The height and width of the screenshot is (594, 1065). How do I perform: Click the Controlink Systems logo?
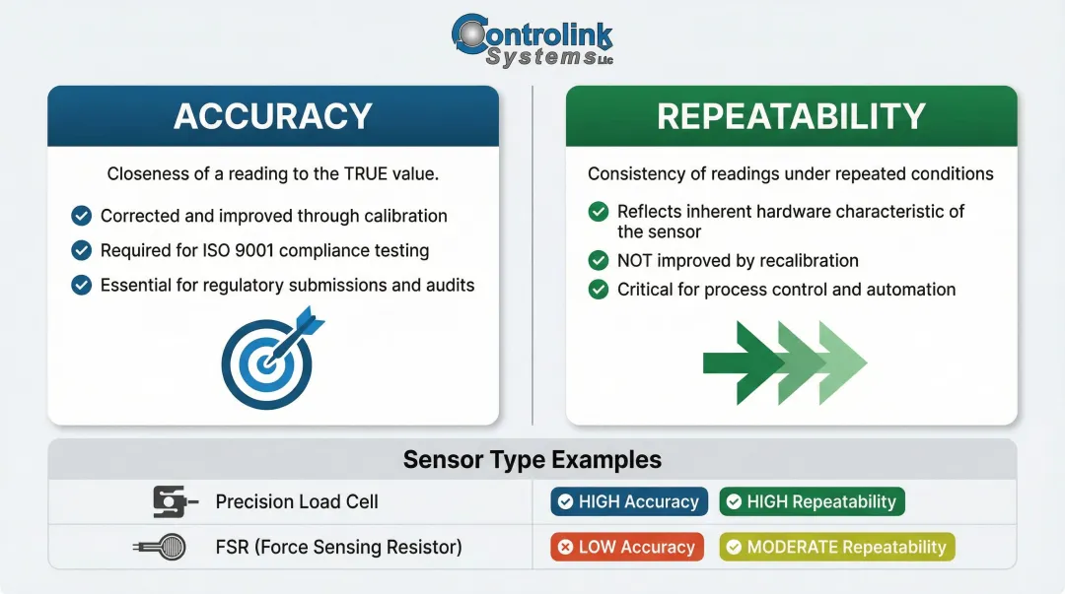tap(532, 40)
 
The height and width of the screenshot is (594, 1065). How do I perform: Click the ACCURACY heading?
tap(273, 116)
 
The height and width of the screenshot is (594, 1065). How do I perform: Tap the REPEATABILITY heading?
tap(791, 116)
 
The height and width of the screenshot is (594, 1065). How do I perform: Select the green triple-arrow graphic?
tap(784, 363)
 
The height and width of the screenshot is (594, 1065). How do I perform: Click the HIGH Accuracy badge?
tap(629, 501)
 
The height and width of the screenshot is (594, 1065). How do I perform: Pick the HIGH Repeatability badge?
tap(812, 501)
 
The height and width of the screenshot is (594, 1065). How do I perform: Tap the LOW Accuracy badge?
tap(627, 547)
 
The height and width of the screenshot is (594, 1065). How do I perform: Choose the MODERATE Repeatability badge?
tap(837, 547)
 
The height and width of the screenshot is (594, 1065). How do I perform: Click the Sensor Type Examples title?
tap(532, 460)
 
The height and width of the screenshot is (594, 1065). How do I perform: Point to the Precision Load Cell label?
tap(297, 501)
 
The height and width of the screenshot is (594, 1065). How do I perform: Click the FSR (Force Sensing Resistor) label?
tap(338, 547)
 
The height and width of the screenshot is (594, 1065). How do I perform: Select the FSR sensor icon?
tap(165, 547)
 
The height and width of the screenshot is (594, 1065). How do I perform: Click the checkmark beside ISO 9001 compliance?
tap(82, 250)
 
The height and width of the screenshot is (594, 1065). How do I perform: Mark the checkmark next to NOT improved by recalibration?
tap(598, 261)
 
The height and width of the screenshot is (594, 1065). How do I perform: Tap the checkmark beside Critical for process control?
tap(598, 290)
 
